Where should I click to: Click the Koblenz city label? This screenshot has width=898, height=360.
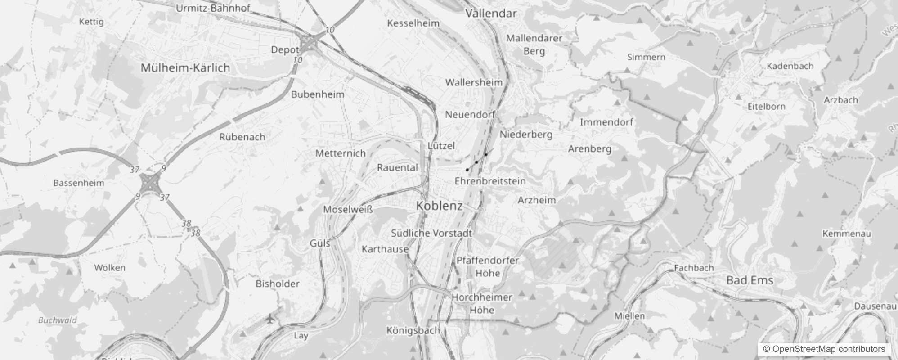(439, 206)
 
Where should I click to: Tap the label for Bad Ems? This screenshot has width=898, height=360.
(750, 280)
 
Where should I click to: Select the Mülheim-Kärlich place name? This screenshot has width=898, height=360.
(185, 68)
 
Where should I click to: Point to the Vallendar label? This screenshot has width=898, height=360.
(491, 13)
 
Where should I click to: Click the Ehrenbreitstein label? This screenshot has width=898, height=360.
(490, 181)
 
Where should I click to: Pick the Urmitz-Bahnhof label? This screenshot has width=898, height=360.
(213, 8)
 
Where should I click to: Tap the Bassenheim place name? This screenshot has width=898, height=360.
(79, 183)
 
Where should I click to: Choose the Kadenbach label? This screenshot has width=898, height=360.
(790, 66)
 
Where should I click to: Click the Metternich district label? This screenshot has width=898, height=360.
(341, 153)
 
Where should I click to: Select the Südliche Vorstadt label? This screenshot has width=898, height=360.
(431, 233)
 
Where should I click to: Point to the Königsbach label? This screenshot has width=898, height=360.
(413, 330)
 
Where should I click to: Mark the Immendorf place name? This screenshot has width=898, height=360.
(606, 122)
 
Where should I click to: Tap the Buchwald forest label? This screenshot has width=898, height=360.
(58, 320)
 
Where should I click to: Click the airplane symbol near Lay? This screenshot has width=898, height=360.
(269, 319)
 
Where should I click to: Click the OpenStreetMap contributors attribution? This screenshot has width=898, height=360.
(823, 349)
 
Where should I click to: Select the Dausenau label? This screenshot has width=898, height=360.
(875, 306)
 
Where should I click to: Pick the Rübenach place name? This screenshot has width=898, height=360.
(242, 137)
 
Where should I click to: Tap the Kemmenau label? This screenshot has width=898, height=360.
(847, 234)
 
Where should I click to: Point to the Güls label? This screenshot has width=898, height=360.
(320, 243)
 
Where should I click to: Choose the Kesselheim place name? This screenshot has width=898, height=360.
(413, 23)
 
